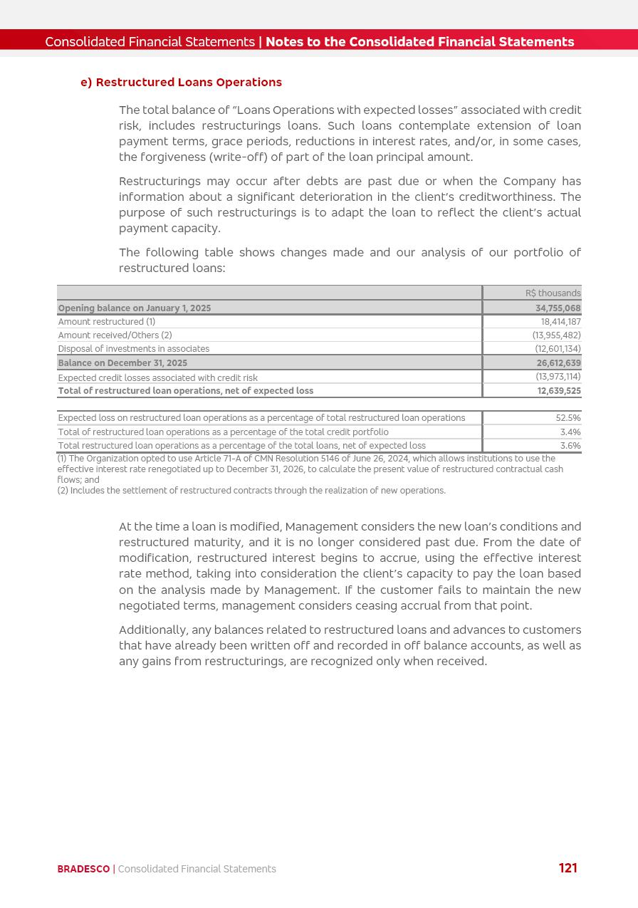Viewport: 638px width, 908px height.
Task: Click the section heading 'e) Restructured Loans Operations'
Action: [x=181, y=83]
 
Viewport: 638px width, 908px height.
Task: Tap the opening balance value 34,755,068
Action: [x=558, y=308]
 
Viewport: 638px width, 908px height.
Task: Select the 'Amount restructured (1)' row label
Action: [x=107, y=322]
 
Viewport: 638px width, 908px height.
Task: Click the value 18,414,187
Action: [x=560, y=322]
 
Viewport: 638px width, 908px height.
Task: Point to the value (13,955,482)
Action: [x=556, y=335]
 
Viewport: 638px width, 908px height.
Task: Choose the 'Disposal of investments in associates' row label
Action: [x=134, y=349]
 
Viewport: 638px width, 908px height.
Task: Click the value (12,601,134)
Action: [x=558, y=349]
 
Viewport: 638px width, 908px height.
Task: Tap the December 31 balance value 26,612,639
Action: [x=558, y=363]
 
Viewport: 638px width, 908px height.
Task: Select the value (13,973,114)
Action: [x=558, y=377]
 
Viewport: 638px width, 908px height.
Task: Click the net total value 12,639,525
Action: [x=558, y=391]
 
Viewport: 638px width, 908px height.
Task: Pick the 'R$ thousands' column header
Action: [x=553, y=293]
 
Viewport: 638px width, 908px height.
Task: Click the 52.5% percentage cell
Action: [x=568, y=418]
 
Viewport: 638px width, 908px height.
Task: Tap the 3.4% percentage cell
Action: [x=570, y=432]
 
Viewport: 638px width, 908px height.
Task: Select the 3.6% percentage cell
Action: [x=570, y=446]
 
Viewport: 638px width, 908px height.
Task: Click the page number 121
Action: [x=568, y=868]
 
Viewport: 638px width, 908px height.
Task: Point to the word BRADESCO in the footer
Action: [x=83, y=869]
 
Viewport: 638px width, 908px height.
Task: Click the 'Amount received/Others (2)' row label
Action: [x=115, y=335]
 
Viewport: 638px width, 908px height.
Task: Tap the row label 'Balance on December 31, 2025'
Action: [x=122, y=363]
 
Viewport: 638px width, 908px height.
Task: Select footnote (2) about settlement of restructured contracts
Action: [x=251, y=491]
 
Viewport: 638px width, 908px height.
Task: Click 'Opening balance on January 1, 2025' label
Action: [x=135, y=308]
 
